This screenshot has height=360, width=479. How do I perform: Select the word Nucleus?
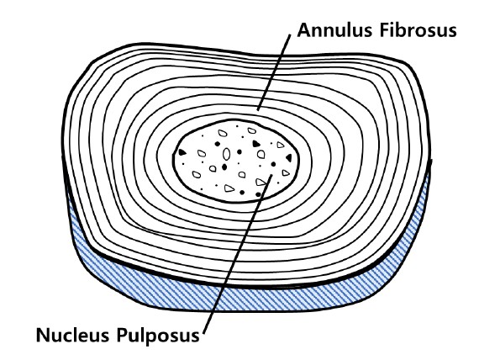[72, 335]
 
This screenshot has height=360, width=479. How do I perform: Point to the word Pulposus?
[158, 336]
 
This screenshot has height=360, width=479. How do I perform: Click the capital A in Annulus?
[304, 30]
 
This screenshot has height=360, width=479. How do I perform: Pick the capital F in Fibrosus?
[384, 30]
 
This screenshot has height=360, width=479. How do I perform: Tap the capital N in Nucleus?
[43, 335]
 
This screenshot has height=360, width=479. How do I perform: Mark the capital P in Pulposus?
[122, 335]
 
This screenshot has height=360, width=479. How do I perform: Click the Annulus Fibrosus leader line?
[274, 72]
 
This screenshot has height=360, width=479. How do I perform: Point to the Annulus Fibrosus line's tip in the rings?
[257, 110]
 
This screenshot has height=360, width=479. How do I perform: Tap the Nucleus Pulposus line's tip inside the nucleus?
[271, 175]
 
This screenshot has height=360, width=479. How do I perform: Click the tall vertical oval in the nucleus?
[226, 154]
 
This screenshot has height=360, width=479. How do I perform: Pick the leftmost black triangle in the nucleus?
[182, 152]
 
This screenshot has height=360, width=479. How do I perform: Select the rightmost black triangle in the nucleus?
[289, 158]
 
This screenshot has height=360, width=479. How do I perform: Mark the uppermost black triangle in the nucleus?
[256, 144]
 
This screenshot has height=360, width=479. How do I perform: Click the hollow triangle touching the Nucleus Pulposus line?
[261, 183]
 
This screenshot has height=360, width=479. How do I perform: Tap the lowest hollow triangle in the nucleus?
[229, 188]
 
